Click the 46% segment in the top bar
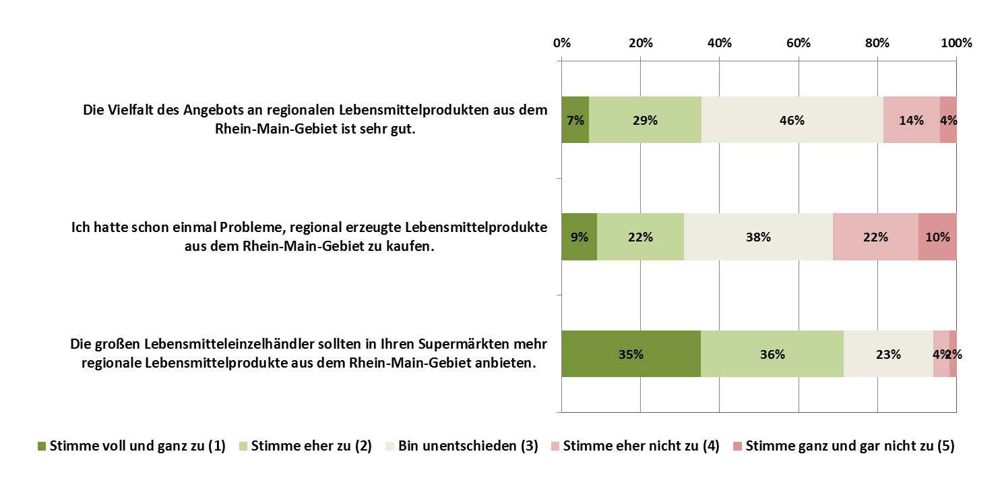point(792,120)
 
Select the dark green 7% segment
point(575,120)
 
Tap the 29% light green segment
point(645,120)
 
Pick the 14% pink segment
point(911,120)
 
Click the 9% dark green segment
point(579,237)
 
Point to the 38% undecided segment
point(758,237)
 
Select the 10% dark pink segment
point(937,237)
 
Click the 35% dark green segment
point(631,353)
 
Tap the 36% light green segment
point(772,353)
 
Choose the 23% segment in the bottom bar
point(888,353)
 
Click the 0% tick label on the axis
point(561,43)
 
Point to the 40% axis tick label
point(719,43)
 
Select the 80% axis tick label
point(877,43)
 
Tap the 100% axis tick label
point(956,43)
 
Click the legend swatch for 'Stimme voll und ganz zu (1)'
point(42,446)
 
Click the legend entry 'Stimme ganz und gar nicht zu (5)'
point(850,446)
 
